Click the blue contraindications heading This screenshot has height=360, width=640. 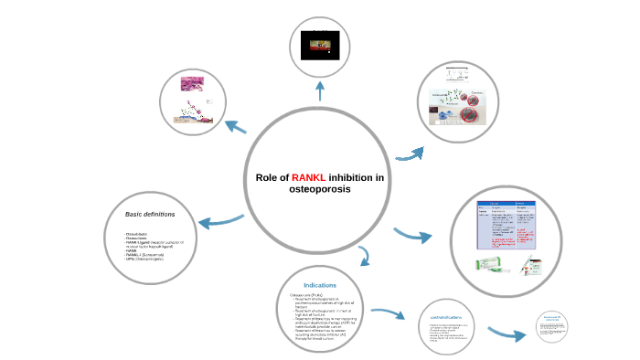click(x=451, y=316)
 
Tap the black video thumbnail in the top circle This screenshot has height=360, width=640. click(x=320, y=42)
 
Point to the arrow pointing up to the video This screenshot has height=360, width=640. click(x=320, y=90)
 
